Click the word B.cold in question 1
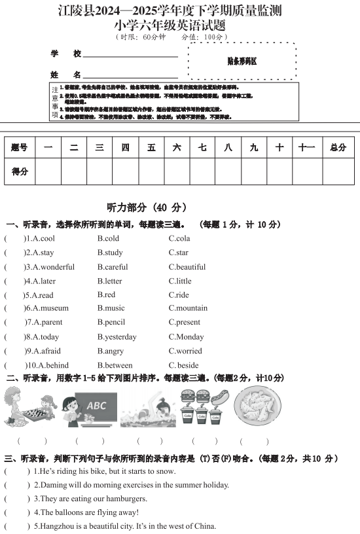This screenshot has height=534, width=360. point(108,239)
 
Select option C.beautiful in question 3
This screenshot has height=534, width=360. point(187,267)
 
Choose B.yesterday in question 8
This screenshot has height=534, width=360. point(117,337)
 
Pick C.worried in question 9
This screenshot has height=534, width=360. point(185,351)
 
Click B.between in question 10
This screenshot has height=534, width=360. point(115,366)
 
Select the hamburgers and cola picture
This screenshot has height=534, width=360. point(204,406)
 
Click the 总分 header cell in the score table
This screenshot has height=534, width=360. point(338,148)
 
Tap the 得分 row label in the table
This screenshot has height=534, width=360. point(20,171)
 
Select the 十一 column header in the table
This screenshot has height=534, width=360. point(306,148)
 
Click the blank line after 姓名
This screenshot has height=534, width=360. point(130,76)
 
